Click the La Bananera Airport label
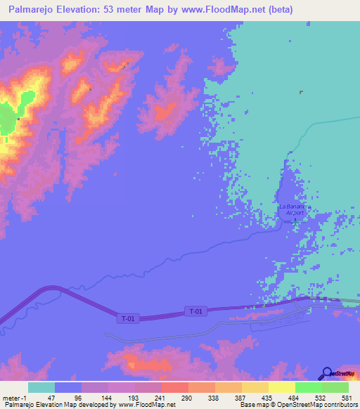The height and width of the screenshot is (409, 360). click(292, 209)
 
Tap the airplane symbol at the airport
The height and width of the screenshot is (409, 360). click(295, 221)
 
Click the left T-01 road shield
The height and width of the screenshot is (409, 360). click(127, 318)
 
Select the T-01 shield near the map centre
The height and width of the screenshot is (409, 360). click(196, 311)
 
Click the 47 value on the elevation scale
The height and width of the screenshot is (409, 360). click(50, 398)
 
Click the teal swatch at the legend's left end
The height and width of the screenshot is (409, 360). click(41, 387)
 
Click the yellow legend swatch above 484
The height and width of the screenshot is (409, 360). click(282, 387)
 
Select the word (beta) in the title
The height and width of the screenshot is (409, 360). click(276, 10)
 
